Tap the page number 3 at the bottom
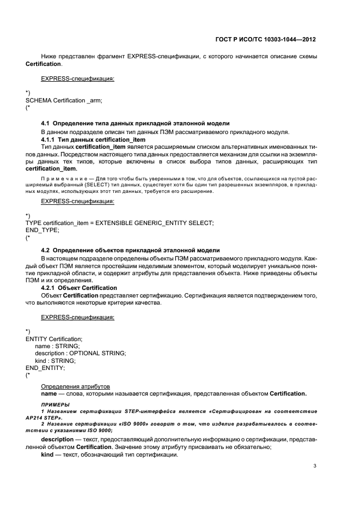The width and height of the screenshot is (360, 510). (x=314, y=466)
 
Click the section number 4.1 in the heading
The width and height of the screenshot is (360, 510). (x=46, y=123)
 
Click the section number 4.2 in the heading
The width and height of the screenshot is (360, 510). (x=46, y=250)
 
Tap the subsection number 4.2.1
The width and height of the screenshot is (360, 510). (x=51, y=288)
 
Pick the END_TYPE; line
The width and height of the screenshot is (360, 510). (x=42, y=230)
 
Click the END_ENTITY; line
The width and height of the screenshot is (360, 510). (x=45, y=368)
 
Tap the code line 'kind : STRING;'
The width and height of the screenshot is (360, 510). (x=55, y=361)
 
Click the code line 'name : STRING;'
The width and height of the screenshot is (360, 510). (x=57, y=346)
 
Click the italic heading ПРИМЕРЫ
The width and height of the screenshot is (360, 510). (x=55, y=404)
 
